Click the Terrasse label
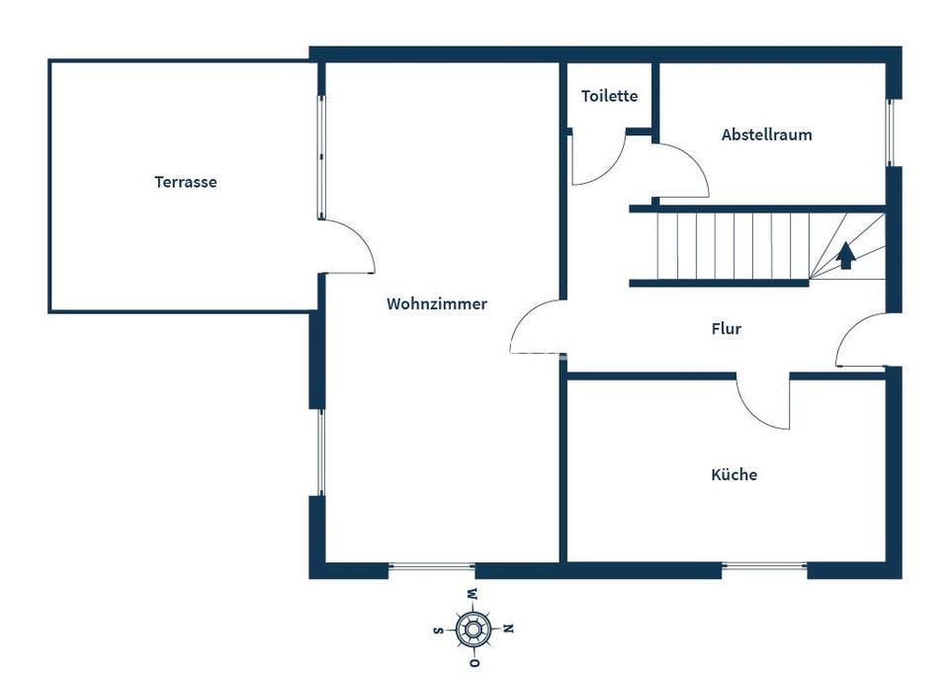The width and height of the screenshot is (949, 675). [185, 182]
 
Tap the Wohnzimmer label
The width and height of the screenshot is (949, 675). [436, 303]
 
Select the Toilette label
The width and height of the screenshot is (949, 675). [609, 96]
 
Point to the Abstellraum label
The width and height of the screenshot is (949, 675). [766, 134]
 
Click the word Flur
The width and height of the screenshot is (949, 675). [726, 329]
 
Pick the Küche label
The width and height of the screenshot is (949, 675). [733, 474]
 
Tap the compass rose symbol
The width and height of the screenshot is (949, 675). [474, 628]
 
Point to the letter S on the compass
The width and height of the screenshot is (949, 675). [438, 629]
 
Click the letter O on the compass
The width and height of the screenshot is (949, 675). [474, 661]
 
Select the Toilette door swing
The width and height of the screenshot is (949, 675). [598, 160]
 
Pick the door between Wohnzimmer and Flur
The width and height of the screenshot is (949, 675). [537, 326]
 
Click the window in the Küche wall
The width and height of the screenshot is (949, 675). [763, 566]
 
